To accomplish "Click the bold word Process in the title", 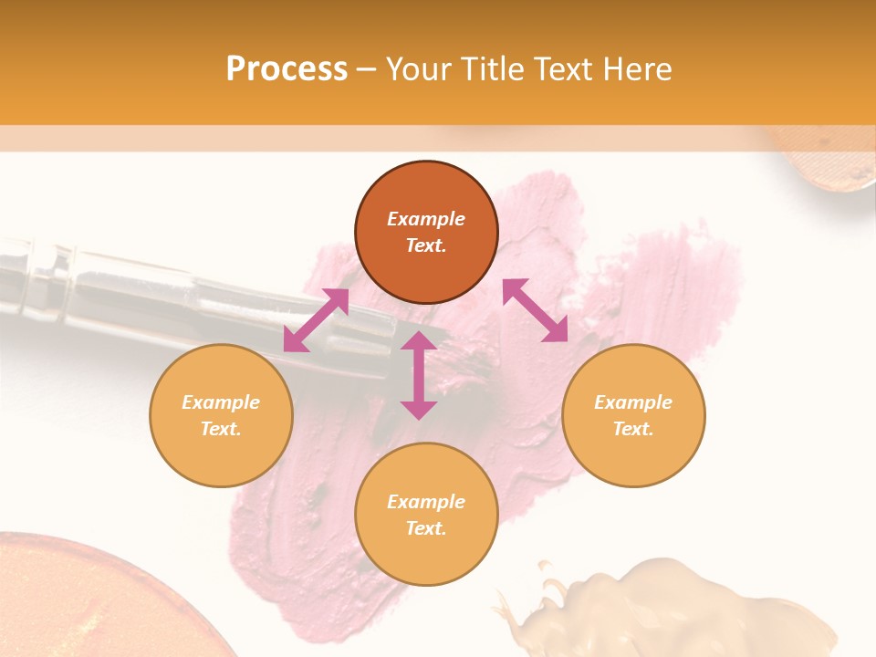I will pyautogui.click(x=287, y=69).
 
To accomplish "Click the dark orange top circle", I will pyautogui.click(x=426, y=233).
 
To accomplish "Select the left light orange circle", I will pyautogui.click(x=221, y=415).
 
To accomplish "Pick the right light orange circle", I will pyautogui.click(x=633, y=415).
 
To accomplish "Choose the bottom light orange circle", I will pyautogui.click(x=426, y=515).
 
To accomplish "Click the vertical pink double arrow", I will pyautogui.click(x=419, y=375).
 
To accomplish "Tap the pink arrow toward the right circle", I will pyautogui.click(x=536, y=310).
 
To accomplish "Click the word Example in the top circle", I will pyautogui.click(x=426, y=219).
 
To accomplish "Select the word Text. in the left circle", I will pyautogui.click(x=221, y=429).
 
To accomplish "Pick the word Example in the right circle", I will pyautogui.click(x=633, y=402).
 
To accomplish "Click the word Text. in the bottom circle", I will pyautogui.click(x=426, y=528).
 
